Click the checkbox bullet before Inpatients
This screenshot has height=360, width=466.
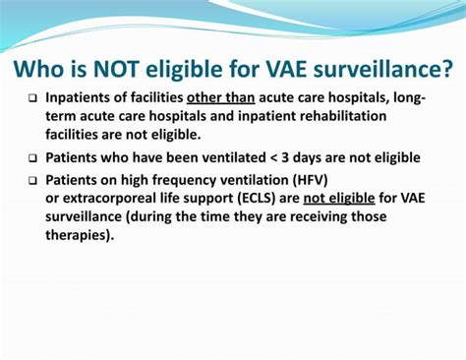tap(31, 99)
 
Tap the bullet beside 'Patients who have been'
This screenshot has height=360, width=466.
tap(31, 157)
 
